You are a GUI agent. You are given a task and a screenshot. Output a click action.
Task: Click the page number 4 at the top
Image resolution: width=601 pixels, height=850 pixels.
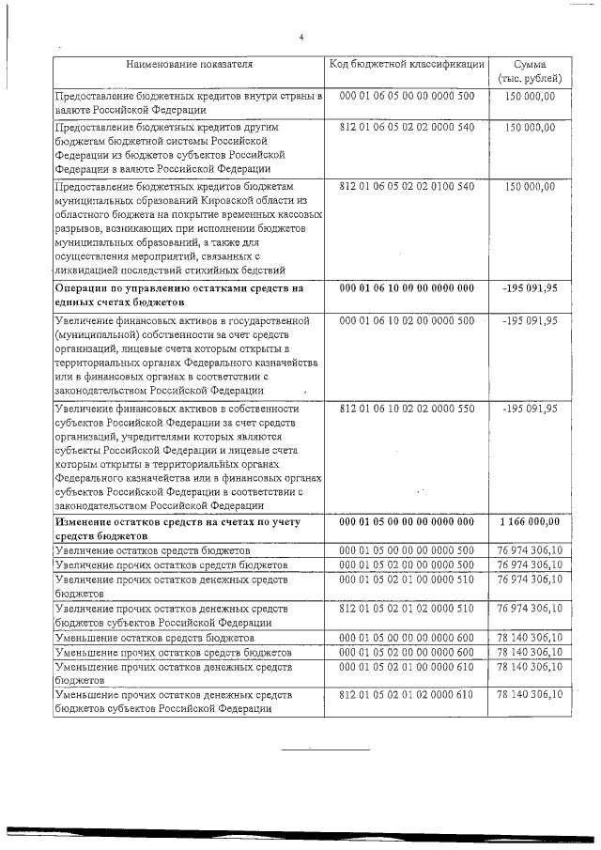(301, 38)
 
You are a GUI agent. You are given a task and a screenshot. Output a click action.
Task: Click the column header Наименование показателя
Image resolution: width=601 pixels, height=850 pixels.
(190, 65)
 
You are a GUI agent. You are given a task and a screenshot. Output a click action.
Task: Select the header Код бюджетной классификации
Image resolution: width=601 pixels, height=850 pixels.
(407, 64)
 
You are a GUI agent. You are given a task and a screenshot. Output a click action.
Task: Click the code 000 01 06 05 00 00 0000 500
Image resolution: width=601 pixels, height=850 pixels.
(407, 97)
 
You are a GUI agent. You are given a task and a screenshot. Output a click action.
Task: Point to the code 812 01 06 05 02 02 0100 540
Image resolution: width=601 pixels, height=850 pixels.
(407, 187)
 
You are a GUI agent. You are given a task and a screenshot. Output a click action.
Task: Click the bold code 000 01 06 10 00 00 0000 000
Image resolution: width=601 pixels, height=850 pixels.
(407, 288)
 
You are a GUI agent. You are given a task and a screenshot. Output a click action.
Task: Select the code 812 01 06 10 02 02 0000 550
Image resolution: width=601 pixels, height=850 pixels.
(407, 409)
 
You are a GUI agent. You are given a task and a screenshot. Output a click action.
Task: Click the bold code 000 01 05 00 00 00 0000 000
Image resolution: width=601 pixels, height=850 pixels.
(407, 521)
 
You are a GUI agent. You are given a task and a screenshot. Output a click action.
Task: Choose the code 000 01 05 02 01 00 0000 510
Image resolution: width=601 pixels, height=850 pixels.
(407, 580)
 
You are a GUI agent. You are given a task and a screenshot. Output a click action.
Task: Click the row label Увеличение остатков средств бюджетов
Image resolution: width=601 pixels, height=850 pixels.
(153, 550)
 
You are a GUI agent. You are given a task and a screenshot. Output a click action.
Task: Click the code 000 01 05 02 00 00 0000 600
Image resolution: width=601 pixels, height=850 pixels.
(407, 652)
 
